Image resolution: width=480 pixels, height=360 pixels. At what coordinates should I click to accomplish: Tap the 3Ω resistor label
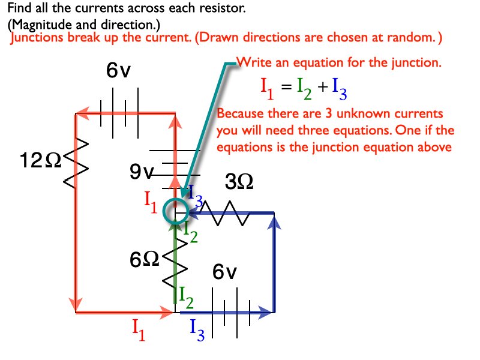[x=239, y=181]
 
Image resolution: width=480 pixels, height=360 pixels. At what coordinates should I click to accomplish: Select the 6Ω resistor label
[x=145, y=260]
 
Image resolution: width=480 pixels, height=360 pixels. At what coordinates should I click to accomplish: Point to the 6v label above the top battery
[x=118, y=71]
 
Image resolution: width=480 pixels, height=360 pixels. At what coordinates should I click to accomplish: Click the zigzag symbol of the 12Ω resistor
[x=76, y=161]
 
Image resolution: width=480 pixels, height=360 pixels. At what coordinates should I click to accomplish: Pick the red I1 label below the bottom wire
[x=139, y=329]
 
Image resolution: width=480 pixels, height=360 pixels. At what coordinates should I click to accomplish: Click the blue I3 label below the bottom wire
[x=197, y=329]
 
